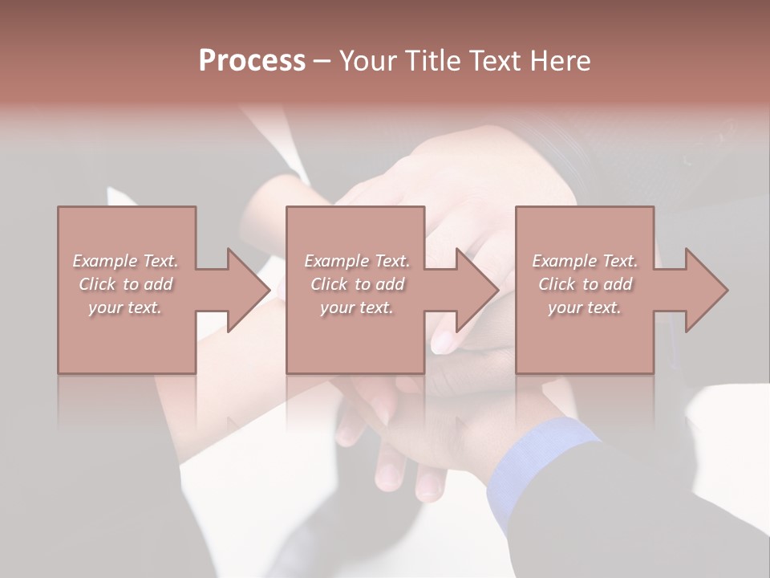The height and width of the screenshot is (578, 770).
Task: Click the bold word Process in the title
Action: pyautogui.click(x=252, y=61)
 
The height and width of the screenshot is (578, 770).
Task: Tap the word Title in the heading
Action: pyautogui.click(x=431, y=61)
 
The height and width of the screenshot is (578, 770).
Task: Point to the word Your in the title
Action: pyautogui.click(x=368, y=61)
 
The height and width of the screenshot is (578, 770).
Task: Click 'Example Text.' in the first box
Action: pyautogui.click(x=125, y=261)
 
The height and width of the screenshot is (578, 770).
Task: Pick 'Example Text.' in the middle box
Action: pyautogui.click(x=356, y=261)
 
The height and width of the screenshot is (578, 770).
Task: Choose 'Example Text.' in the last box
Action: pyautogui.click(x=585, y=261)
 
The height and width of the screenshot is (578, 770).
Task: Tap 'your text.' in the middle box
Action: pyautogui.click(x=356, y=307)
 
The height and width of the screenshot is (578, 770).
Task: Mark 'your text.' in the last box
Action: pyautogui.click(x=584, y=307)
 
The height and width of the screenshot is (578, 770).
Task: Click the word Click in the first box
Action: pyautogui.click(x=97, y=284)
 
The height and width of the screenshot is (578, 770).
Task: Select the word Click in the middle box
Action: pyautogui.click(x=329, y=284)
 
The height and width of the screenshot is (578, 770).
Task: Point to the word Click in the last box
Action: pyautogui.click(x=557, y=284)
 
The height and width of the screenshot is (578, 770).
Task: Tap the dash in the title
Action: pyautogui.click(x=322, y=61)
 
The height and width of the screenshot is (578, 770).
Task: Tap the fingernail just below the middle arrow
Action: pyautogui.click(x=443, y=343)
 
